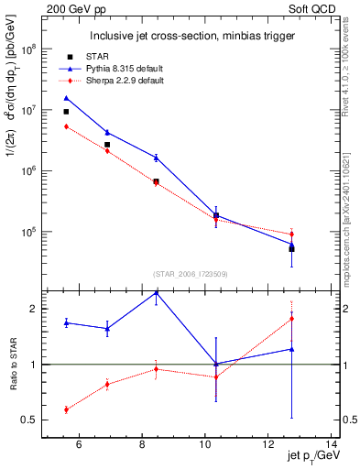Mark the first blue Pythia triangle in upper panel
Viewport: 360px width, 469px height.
pyautogui.click(x=66, y=98)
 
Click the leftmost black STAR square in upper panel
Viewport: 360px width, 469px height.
pyautogui.click(x=66, y=112)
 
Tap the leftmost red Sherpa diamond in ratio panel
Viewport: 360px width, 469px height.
pyautogui.click(x=66, y=409)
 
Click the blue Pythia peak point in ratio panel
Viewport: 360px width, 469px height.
pyautogui.click(x=156, y=292)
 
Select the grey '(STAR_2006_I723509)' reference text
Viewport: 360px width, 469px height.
pyautogui.click(x=191, y=274)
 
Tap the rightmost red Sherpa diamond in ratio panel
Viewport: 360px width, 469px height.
pyautogui.click(x=291, y=319)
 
